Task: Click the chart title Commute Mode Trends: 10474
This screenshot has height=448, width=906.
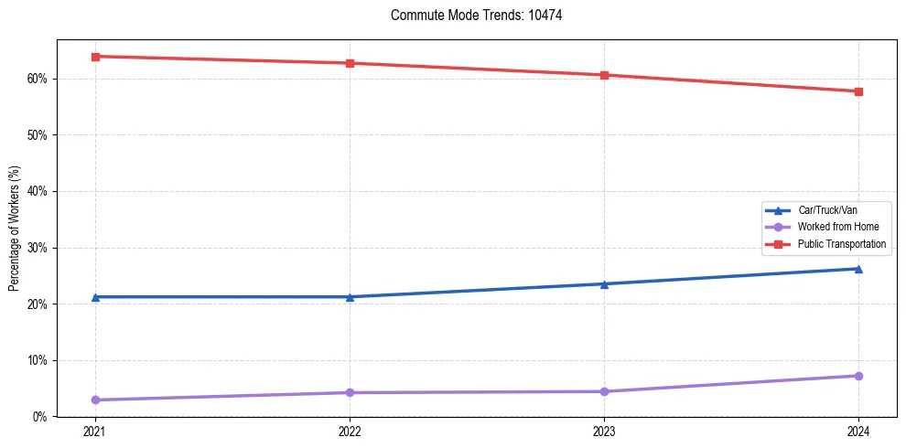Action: [x=469, y=16]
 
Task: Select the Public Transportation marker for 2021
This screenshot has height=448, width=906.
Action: [x=95, y=57]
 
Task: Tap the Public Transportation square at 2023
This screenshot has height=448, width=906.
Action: [x=604, y=75]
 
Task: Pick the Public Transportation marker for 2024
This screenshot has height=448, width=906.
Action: [x=858, y=91]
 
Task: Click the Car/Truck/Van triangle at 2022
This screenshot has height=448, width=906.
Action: [x=350, y=297]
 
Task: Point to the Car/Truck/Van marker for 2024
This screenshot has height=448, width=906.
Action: [x=858, y=269]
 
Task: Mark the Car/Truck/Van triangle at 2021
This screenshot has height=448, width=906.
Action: [x=95, y=297]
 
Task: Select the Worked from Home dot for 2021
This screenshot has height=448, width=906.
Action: [x=95, y=400]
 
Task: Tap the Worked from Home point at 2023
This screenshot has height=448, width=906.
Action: [x=604, y=391]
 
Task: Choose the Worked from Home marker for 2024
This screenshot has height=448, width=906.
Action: [x=858, y=376]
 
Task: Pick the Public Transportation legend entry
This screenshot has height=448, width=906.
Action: [x=842, y=244]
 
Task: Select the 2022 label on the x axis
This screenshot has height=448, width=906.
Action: [x=350, y=431]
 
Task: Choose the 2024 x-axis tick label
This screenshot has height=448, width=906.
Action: [x=858, y=431]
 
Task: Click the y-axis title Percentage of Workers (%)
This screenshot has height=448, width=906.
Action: [x=15, y=229]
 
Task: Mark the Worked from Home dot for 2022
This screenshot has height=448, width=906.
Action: [x=350, y=392]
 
